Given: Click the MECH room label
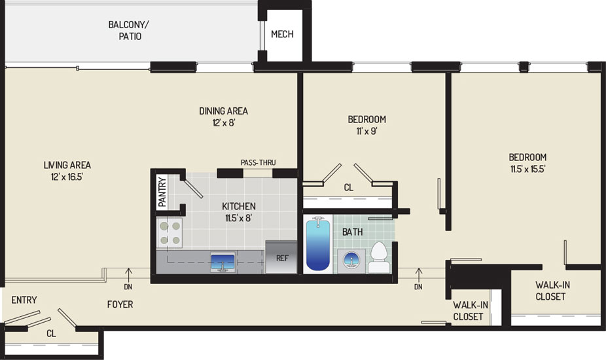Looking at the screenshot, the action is (x=282, y=35).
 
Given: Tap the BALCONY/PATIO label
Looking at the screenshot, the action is (x=129, y=31).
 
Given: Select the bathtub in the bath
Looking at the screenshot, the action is (x=318, y=244).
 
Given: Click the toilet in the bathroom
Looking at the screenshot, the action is (x=379, y=257).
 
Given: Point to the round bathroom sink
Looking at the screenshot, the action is (x=351, y=260).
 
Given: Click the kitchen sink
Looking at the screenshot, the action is (x=223, y=262).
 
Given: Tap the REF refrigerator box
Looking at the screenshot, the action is (x=281, y=257).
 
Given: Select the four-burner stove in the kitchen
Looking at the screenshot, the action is (x=169, y=232).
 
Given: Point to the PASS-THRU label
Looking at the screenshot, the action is (x=258, y=162).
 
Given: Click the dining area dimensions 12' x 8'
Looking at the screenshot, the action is (x=223, y=123).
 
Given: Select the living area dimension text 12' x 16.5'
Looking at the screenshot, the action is (x=67, y=177).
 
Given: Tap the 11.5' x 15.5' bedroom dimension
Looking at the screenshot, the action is (x=527, y=169).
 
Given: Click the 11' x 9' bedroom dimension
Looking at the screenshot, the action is (x=366, y=131).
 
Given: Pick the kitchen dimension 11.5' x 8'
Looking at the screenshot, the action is (x=239, y=218).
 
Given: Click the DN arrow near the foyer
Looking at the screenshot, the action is (x=128, y=276).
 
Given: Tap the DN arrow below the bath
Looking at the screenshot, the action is (x=418, y=276).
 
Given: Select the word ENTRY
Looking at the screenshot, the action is (x=24, y=300).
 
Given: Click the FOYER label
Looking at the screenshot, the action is (x=120, y=305).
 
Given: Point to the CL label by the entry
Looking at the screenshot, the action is (x=51, y=334).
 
